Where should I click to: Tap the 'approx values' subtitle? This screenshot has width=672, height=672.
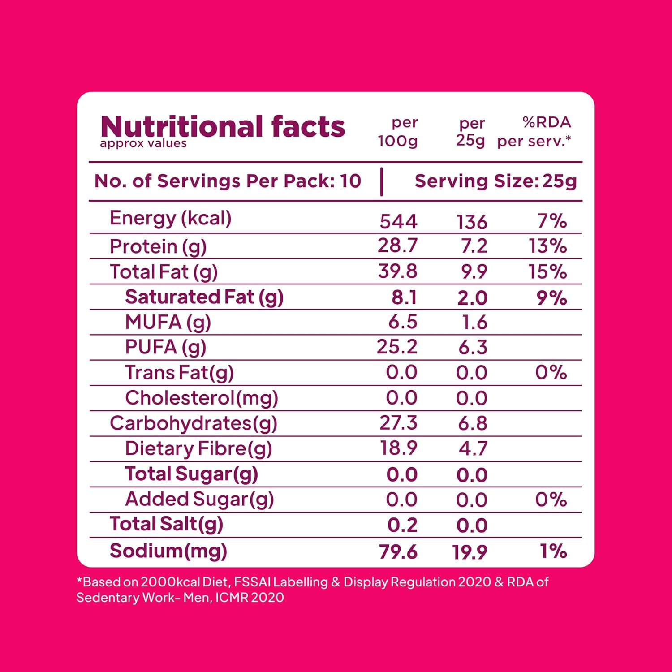point(143,143)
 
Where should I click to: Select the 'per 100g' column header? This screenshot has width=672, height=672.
point(398,132)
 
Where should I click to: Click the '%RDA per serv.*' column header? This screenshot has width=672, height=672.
point(534,132)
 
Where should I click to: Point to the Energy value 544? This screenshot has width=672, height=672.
point(398,221)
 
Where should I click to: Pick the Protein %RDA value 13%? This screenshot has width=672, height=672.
point(547,246)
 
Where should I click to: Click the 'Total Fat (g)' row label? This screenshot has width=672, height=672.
point(164,272)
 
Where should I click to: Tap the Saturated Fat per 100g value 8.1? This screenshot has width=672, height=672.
point(404,297)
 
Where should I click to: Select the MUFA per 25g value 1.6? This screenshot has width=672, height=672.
point(474,323)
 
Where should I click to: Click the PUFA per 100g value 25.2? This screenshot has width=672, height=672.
point(397,347)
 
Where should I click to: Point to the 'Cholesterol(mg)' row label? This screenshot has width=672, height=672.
point(202,398)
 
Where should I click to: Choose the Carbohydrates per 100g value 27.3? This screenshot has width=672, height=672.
point(398,423)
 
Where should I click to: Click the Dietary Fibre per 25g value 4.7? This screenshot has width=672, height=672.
point(473,448)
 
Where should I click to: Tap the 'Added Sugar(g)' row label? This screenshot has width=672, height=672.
point(199,499)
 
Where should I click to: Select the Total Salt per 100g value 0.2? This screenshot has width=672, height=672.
point(402,525)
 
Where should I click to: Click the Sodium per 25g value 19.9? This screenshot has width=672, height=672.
point(470,552)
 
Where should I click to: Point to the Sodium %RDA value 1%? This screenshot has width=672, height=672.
point(554,551)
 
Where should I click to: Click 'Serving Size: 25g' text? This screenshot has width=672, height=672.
point(495,181)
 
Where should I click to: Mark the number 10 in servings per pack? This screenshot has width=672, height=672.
point(350,181)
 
